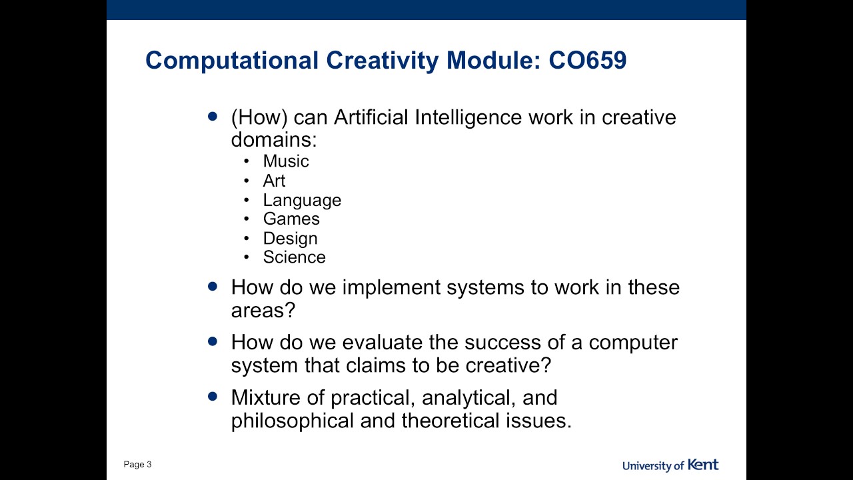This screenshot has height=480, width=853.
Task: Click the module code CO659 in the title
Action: (587, 61)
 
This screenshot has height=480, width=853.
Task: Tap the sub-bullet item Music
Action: (286, 161)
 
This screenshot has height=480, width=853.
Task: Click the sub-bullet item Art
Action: (274, 181)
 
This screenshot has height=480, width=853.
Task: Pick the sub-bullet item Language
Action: (302, 200)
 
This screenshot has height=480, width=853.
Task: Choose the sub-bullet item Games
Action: (291, 219)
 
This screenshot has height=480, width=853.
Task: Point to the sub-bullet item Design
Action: (290, 238)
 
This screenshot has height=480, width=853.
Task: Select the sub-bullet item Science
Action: (294, 257)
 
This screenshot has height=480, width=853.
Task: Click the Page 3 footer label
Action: (137, 465)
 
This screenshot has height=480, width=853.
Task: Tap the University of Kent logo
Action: (670, 465)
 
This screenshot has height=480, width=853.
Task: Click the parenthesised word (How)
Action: (259, 117)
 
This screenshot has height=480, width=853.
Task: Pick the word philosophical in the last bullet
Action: (293, 421)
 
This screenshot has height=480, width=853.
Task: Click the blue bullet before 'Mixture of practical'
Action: (213, 396)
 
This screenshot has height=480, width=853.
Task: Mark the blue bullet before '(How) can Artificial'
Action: (213, 116)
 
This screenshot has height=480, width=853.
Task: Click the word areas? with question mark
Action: (263, 311)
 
